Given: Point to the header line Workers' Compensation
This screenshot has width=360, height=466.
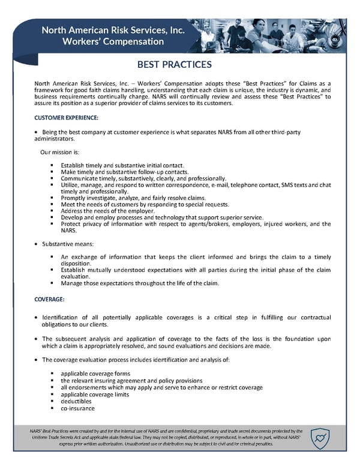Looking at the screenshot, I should [x=113, y=41].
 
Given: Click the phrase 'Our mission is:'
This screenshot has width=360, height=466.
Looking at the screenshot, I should [x=59, y=152].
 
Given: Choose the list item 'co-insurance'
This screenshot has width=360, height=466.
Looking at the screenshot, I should [x=77, y=409].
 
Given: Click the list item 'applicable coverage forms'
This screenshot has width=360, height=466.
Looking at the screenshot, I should [x=95, y=374].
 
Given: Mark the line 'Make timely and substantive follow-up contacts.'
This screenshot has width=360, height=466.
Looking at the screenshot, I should [x=125, y=172].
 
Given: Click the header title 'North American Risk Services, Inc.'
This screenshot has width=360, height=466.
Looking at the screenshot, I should [x=113, y=29].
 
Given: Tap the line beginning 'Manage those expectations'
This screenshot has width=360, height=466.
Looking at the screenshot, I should [x=140, y=283].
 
